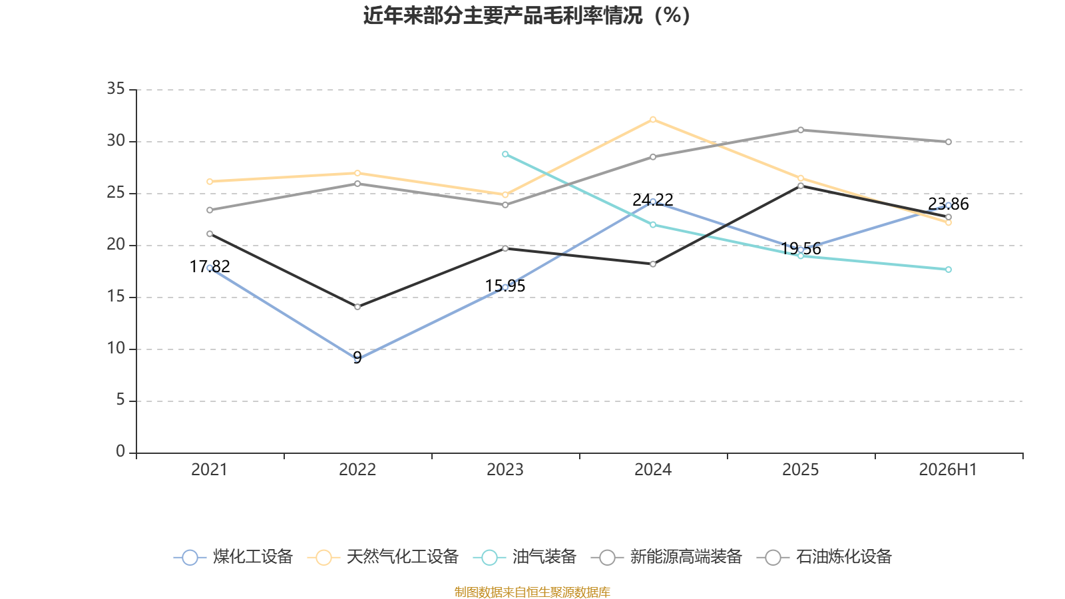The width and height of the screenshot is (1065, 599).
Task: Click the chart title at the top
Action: pos(527,15)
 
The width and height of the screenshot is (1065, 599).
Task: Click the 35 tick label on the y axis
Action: pos(116,89)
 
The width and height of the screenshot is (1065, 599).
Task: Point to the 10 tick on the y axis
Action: pos(116,349)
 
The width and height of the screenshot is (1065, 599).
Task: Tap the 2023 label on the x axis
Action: pos(505,470)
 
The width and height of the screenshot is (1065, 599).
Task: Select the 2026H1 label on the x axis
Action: pos(948,470)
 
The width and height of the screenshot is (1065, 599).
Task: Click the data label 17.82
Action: pos(210,267)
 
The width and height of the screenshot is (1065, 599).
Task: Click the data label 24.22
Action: pos(653,200)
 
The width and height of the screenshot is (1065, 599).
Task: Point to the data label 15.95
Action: pos(505,286)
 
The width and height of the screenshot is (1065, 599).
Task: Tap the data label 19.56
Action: pos(801,249)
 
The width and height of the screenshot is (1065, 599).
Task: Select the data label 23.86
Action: pos(948,204)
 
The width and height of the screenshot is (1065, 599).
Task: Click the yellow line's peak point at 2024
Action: pos(653,120)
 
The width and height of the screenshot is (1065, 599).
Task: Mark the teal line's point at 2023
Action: pos(505,154)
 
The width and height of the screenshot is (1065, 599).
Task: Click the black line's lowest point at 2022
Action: pos(357,307)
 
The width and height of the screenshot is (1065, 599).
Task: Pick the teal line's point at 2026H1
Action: pos(948,270)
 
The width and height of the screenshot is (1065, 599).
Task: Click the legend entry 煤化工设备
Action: pos(233,557)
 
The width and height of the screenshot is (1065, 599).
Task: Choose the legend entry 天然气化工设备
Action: pos(383,557)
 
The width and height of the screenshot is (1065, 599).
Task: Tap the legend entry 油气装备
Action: pos(525,557)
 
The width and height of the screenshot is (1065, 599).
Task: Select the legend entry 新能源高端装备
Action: pos(666,557)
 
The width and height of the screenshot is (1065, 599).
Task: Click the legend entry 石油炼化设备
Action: pos(824,557)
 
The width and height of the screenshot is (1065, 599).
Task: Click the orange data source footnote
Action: pos(532,592)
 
